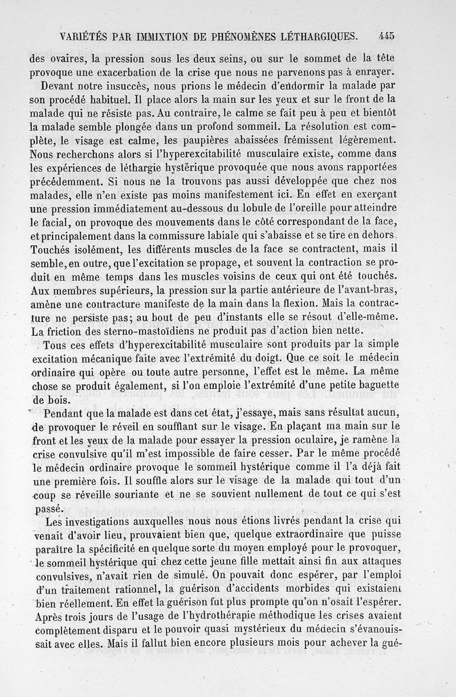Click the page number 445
[x=386, y=36]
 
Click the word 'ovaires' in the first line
[x=67, y=58]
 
